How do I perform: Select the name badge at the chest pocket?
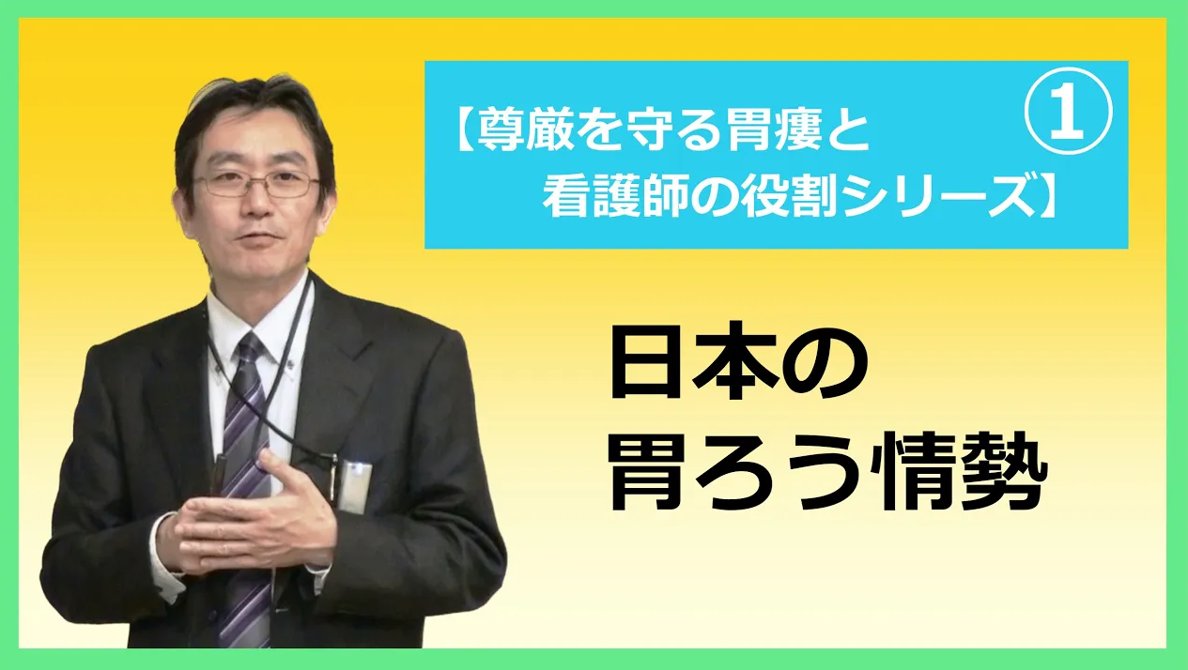(x=353, y=486)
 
